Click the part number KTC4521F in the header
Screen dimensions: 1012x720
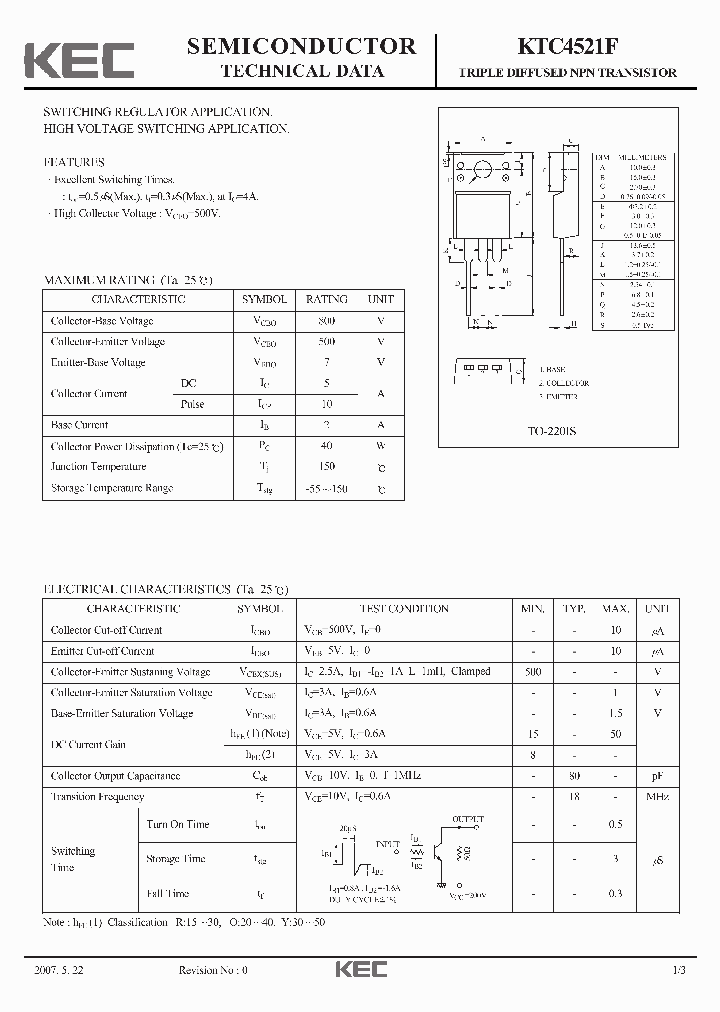click(x=567, y=47)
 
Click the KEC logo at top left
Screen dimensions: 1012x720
click(x=79, y=59)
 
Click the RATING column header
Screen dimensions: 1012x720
click(x=326, y=299)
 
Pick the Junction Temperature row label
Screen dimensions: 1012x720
click(x=98, y=467)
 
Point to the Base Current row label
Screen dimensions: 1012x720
click(x=79, y=425)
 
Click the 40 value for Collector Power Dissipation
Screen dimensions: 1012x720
click(x=326, y=446)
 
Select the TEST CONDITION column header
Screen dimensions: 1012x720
click(x=404, y=609)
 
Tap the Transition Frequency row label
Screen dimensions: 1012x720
click(x=97, y=797)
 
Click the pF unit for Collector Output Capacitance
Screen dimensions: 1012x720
click(x=657, y=776)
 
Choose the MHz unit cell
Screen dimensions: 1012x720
click(x=657, y=797)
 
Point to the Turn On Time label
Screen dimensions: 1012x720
click(x=178, y=825)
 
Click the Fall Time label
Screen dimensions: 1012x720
click(x=168, y=893)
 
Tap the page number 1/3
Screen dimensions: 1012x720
click(x=679, y=970)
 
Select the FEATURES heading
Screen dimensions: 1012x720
click(x=74, y=161)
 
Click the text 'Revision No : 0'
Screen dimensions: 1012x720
click(x=212, y=970)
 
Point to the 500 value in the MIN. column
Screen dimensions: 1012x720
click(x=530, y=672)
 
